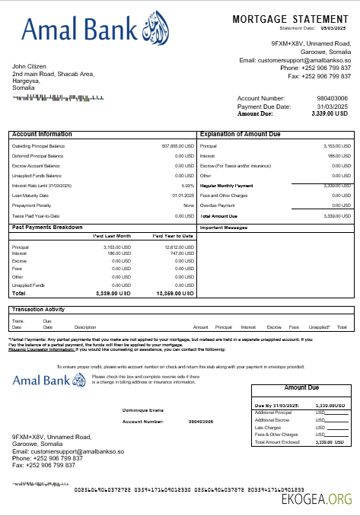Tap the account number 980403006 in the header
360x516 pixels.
tap(332, 98)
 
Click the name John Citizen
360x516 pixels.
tap(30, 66)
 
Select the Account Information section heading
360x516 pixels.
tap(42, 134)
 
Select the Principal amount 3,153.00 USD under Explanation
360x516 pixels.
tap(336, 145)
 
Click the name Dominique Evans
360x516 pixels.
tap(143, 410)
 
